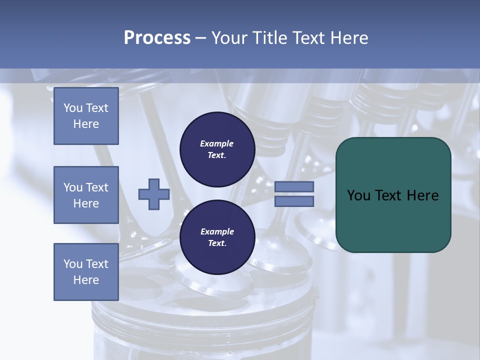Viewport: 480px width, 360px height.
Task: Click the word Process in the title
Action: (x=157, y=38)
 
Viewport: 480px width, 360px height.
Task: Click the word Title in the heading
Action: (x=269, y=38)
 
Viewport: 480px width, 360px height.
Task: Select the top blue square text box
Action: (x=86, y=116)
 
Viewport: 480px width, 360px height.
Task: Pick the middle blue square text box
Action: (x=86, y=195)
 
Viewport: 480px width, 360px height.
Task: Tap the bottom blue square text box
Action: (x=86, y=272)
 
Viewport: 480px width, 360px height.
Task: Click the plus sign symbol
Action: (x=154, y=194)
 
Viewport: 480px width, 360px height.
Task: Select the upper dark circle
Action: (x=217, y=149)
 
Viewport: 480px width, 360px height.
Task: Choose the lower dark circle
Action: (x=217, y=237)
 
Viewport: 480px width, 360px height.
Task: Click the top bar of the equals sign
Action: (x=294, y=186)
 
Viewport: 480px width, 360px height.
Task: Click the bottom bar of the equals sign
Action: (x=294, y=201)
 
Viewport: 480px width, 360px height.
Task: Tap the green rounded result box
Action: (x=393, y=195)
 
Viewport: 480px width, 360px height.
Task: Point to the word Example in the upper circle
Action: (x=217, y=143)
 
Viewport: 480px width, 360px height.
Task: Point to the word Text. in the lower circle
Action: (x=217, y=243)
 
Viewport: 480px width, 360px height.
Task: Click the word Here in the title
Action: (x=349, y=38)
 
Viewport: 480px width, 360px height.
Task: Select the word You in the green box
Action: (x=359, y=195)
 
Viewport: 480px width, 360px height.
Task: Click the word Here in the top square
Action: (x=86, y=124)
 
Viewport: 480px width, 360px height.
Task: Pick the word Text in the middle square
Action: (x=97, y=187)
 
